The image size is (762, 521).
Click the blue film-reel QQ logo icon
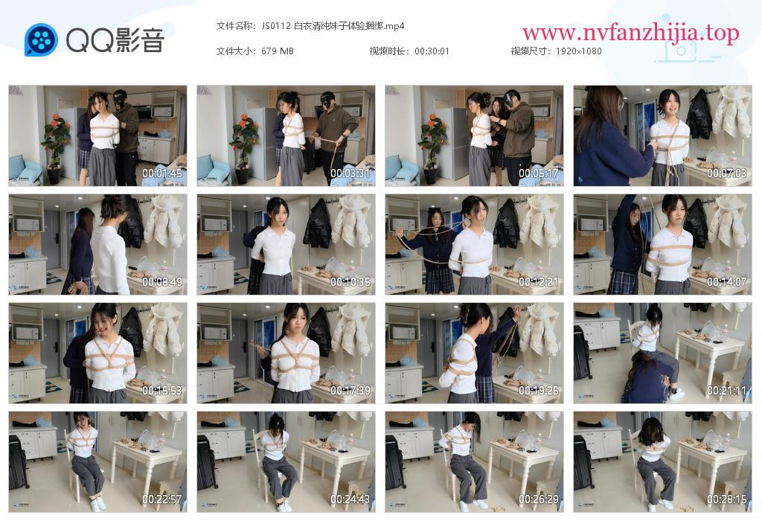[42, 39]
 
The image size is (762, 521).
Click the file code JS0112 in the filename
[276, 26]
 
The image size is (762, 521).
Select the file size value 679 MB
[278, 51]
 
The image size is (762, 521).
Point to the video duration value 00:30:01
[432, 51]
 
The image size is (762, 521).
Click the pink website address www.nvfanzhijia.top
[631, 33]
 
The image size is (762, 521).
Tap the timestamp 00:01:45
[161, 173]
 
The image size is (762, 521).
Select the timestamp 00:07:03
[726, 173]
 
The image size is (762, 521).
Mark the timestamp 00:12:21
[539, 282]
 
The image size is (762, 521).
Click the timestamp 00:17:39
[350, 390]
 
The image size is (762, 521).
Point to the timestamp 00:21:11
[726, 390]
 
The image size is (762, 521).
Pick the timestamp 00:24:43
[350, 499]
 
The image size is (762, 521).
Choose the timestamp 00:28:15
[726, 499]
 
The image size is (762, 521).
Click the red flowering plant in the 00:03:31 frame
[243, 138]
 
